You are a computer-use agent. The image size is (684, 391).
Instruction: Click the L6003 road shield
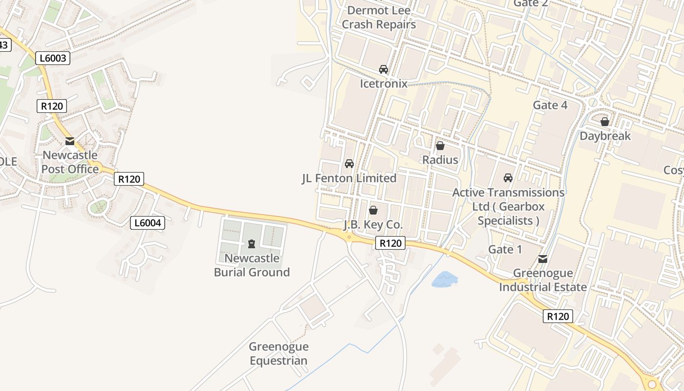click(53, 58)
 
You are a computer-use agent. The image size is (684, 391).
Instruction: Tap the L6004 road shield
click(148, 223)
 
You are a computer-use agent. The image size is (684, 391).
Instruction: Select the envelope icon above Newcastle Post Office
click(70, 141)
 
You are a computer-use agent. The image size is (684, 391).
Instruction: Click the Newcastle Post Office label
click(70, 162)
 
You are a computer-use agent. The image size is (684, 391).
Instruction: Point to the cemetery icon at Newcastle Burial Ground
click(252, 243)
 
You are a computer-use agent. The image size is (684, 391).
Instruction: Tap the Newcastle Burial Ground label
click(252, 265)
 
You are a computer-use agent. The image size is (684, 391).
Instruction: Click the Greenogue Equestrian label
click(278, 354)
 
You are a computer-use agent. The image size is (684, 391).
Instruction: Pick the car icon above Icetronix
click(384, 69)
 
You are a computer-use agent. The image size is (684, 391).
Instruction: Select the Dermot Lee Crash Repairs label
click(379, 18)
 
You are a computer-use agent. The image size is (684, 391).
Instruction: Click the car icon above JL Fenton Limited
click(349, 164)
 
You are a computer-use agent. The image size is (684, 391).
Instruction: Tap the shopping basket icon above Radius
click(440, 146)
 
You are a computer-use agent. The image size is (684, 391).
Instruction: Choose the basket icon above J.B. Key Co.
click(373, 210)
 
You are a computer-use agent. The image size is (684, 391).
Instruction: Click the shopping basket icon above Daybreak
click(605, 122)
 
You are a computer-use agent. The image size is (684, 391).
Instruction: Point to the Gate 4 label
click(550, 105)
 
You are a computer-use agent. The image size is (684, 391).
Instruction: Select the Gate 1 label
click(505, 250)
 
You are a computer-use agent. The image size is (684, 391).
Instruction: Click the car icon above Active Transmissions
click(508, 178)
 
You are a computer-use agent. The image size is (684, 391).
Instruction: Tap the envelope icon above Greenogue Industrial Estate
click(543, 259)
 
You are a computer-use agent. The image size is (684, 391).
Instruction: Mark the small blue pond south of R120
click(445, 280)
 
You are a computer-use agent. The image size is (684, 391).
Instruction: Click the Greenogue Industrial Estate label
click(543, 280)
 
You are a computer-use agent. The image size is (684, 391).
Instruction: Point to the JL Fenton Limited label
click(349, 178)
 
